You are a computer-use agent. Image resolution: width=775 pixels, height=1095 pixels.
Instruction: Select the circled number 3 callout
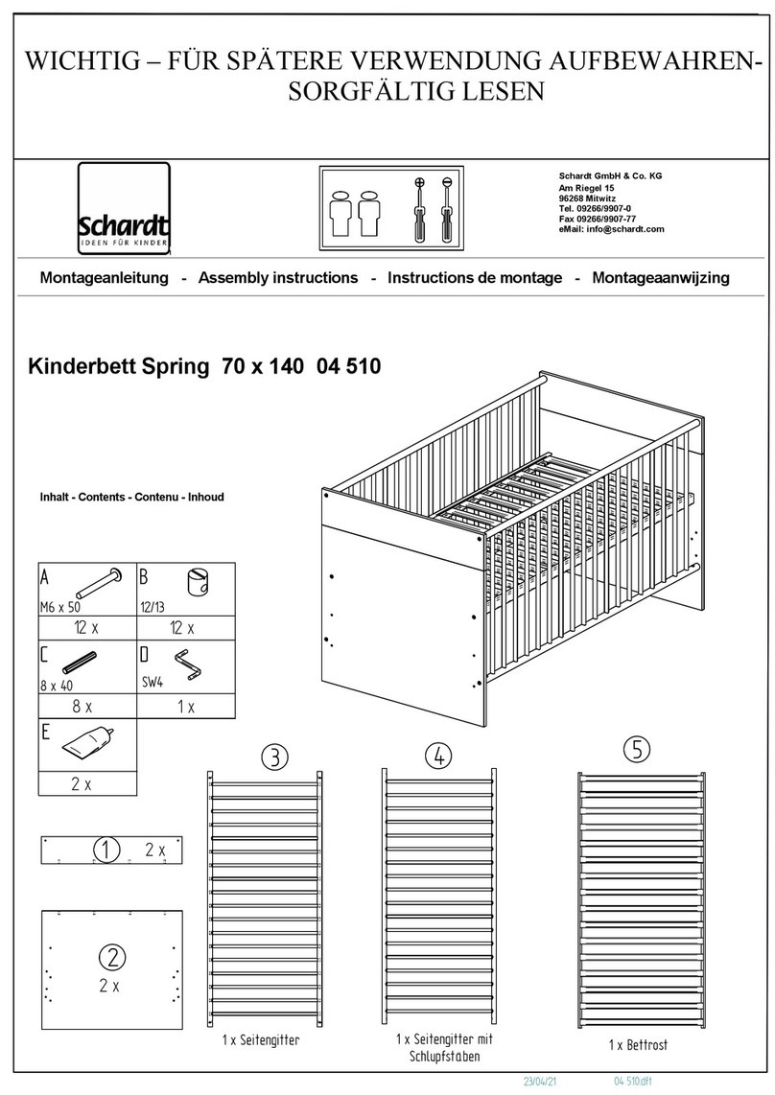point(273,757)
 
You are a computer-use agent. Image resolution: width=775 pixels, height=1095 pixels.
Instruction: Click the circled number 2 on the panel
point(111,956)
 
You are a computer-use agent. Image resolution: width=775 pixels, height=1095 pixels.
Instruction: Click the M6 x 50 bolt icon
point(99,582)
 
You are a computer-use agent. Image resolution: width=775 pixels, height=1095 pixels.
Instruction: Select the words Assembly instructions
point(277,278)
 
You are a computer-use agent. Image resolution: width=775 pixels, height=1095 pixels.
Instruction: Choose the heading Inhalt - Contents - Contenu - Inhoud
point(131,498)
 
